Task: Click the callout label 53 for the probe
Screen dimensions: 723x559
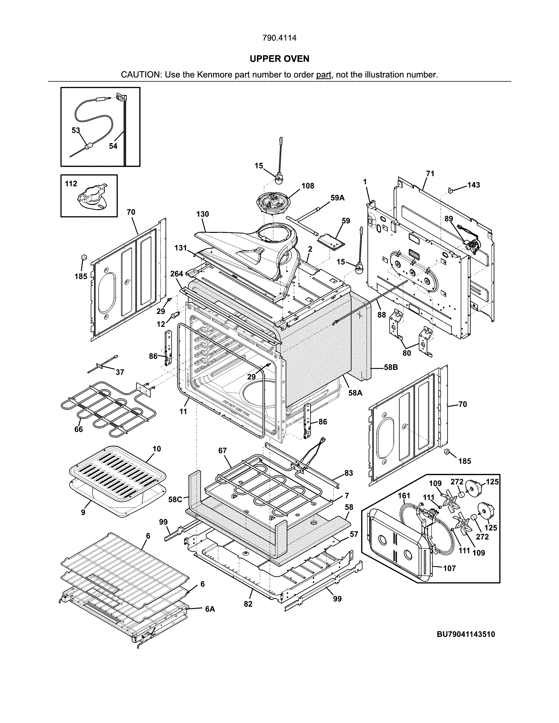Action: [x=76, y=130]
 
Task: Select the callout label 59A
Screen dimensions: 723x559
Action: [x=337, y=198]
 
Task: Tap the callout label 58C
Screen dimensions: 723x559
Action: [x=175, y=500]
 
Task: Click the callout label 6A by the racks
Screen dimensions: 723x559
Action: [x=210, y=609]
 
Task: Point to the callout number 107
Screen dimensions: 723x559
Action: [x=449, y=568]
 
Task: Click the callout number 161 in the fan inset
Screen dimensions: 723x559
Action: [x=404, y=496]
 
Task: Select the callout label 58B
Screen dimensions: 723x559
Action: [x=391, y=367]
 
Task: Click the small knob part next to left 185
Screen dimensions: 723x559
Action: [x=84, y=258]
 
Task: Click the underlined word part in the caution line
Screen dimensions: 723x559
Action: [x=324, y=75]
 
